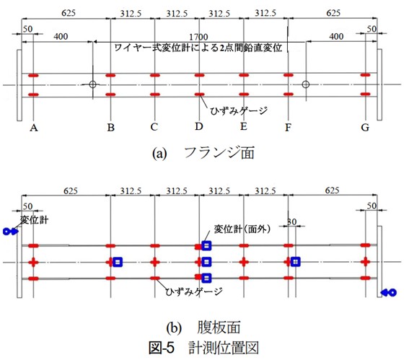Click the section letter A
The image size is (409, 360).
(34, 128)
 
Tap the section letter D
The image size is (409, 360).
(199, 126)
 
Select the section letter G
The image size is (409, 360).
(365, 127)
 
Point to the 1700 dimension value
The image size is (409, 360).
(198, 37)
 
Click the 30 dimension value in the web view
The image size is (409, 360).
(292, 221)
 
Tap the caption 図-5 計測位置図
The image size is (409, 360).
(203, 348)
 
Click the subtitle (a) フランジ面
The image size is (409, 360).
(203, 153)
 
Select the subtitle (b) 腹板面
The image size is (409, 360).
(203, 327)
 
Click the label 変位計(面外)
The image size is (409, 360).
(242, 229)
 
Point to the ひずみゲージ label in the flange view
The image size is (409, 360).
(239, 111)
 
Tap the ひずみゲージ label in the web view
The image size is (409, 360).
(194, 291)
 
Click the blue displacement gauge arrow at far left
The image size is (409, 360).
(11, 231)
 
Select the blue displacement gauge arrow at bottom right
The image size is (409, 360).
(389, 292)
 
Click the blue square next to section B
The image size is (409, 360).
(118, 262)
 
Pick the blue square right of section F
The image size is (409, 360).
(295, 261)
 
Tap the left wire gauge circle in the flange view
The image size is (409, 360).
(92, 84)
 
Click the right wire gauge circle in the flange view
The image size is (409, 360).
(306, 84)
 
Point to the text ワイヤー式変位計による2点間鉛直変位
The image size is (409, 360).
(198, 48)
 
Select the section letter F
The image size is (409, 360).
(288, 127)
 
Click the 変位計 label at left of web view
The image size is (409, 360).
(34, 219)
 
